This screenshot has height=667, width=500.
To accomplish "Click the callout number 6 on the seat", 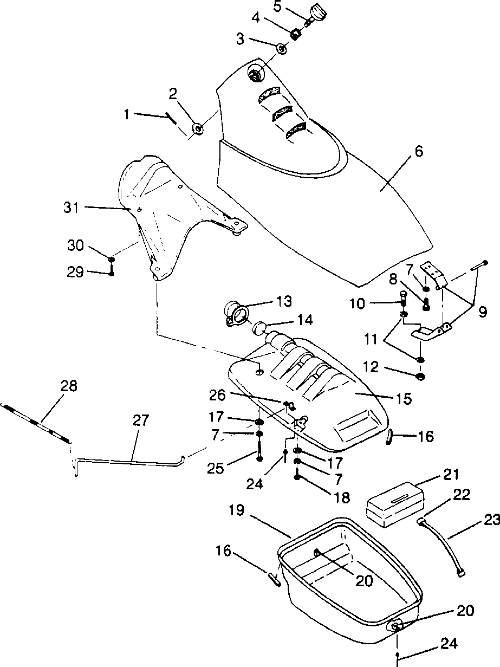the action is pyautogui.click(x=419, y=151).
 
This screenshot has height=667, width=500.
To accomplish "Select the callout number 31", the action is pyautogui.click(x=71, y=208).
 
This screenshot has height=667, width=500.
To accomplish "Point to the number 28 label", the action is pyautogui.click(x=69, y=386).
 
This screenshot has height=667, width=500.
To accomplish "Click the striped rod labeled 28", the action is pyautogui.click(x=35, y=424).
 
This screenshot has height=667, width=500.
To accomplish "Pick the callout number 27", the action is pyautogui.click(x=141, y=420).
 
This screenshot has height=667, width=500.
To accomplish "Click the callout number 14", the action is pyautogui.click(x=304, y=320).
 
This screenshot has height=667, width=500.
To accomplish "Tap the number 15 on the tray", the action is pyautogui.click(x=403, y=399).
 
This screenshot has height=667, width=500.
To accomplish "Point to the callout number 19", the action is pyautogui.click(x=237, y=510).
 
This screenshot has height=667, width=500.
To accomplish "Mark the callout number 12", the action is pyautogui.click(x=371, y=367).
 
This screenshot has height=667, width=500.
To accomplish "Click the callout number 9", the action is pyautogui.click(x=482, y=312).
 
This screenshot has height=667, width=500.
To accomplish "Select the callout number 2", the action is pyautogui.click(x=173, y=94).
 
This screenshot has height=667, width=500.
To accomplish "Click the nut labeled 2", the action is pyautogui.click(x=198, y=129).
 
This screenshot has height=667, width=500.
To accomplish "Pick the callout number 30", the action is pyautogui.click(x=75, y=245).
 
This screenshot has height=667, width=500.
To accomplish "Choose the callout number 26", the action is pyautogui.click(x=217, y=395).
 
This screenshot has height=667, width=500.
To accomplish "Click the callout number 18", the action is pyautogui.click(x=342, y=498).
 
